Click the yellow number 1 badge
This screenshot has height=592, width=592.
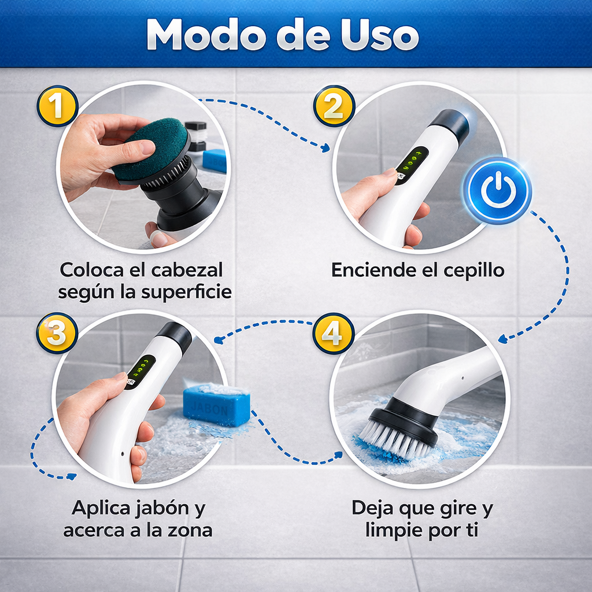point(57,106)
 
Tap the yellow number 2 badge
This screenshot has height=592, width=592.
point(334,106)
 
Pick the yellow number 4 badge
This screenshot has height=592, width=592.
point(333,332)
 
